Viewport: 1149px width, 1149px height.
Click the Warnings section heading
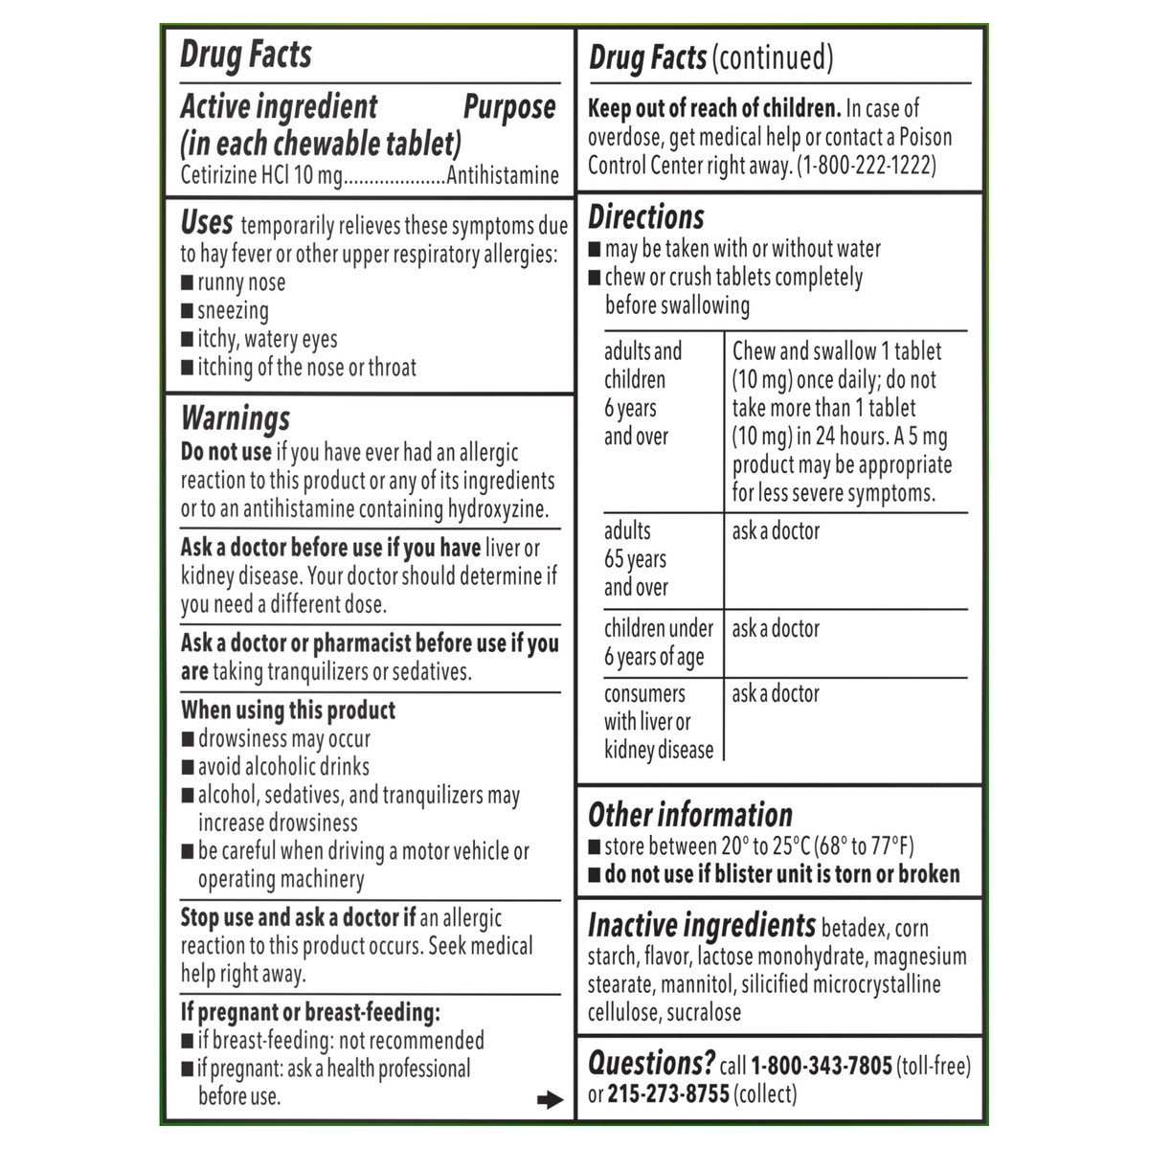pos(236,419)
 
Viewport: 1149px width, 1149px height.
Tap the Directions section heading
pos(645,217)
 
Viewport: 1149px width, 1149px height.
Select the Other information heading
pos(689,815)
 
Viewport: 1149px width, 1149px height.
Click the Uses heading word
pos(207,223)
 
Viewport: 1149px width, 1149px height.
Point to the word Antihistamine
pos(503,176)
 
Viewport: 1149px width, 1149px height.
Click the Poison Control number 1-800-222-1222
pos(867,165)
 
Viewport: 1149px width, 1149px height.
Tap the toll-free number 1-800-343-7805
pos(822,1066)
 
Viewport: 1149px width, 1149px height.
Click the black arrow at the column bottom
pos(550,1100)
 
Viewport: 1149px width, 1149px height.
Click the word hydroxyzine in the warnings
pos(498,509)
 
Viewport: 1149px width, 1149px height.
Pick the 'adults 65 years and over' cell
pos(636,559)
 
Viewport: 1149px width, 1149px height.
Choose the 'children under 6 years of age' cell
pos(659,642)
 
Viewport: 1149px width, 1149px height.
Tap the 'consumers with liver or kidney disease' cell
pos(659,722)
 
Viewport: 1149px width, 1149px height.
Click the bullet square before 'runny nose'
pos(188,283)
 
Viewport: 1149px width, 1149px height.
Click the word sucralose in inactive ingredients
pos(704,1013)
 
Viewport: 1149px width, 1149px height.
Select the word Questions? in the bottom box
pos(651,1064)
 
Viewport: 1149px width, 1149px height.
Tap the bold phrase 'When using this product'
pos(288,710)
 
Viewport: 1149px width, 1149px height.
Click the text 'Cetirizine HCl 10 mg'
pos(260,176)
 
